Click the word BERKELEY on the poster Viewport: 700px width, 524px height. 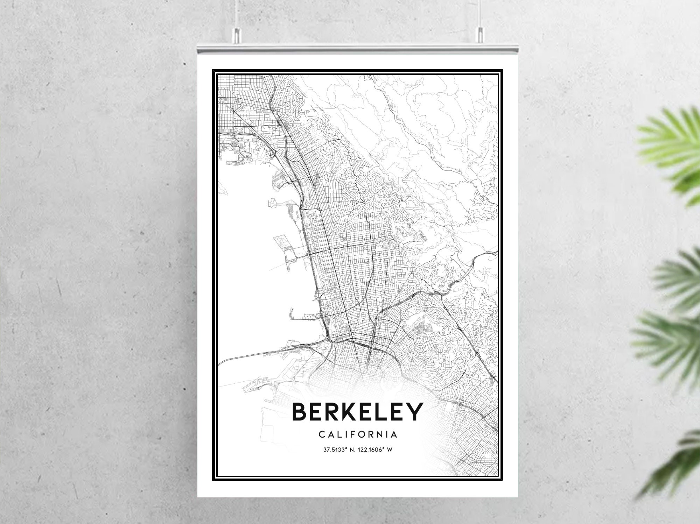pyautogui.click(x=357, y=412)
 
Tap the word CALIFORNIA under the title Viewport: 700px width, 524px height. pyautogui.click(x=358, y=435)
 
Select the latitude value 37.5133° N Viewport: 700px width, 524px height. pyautogui.click(x=339, y=450)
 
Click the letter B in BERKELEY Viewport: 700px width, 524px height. pyautogui.click(x=300, y=412)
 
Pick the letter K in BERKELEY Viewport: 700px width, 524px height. pyautogui.click(x=350, y=412)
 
